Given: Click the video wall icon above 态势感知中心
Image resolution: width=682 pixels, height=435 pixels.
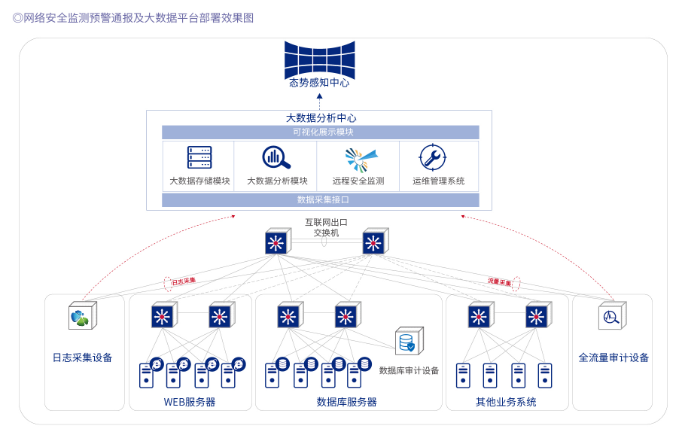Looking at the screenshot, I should [319, 58].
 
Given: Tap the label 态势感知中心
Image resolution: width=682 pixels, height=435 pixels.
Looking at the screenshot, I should [319, 83].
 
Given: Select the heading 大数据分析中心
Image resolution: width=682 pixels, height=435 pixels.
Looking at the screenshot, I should [321, 118].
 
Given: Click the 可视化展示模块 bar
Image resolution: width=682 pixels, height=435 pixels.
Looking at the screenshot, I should [321, 132].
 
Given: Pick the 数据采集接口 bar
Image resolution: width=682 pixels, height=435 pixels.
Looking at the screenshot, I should [321, 200].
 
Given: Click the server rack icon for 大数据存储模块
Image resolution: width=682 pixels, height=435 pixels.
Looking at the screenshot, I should [199, 157].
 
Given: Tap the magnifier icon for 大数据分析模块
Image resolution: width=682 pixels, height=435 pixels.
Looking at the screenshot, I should [276, 157].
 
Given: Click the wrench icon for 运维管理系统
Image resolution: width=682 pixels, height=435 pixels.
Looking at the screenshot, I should [433, 157].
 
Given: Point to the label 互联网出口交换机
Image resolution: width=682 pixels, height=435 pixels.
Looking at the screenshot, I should [326, 227].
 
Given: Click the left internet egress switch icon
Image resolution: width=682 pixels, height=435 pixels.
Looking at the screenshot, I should [276, 242].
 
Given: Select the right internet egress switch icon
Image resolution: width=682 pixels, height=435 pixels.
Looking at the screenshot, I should [373, 242].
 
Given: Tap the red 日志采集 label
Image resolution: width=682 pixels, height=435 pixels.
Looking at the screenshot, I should [184, 281].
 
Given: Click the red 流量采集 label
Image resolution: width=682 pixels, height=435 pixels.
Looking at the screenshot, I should [499, 281].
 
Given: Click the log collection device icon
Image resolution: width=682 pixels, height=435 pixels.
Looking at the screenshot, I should [81, 316].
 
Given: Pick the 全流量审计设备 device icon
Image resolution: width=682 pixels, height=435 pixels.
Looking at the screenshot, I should [611, 316].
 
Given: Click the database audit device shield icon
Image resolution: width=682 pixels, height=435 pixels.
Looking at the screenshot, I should [409, 341].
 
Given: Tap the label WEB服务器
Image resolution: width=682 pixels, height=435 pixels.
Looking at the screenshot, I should [190, 402].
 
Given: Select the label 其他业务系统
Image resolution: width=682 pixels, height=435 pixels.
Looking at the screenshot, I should [506, 402].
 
